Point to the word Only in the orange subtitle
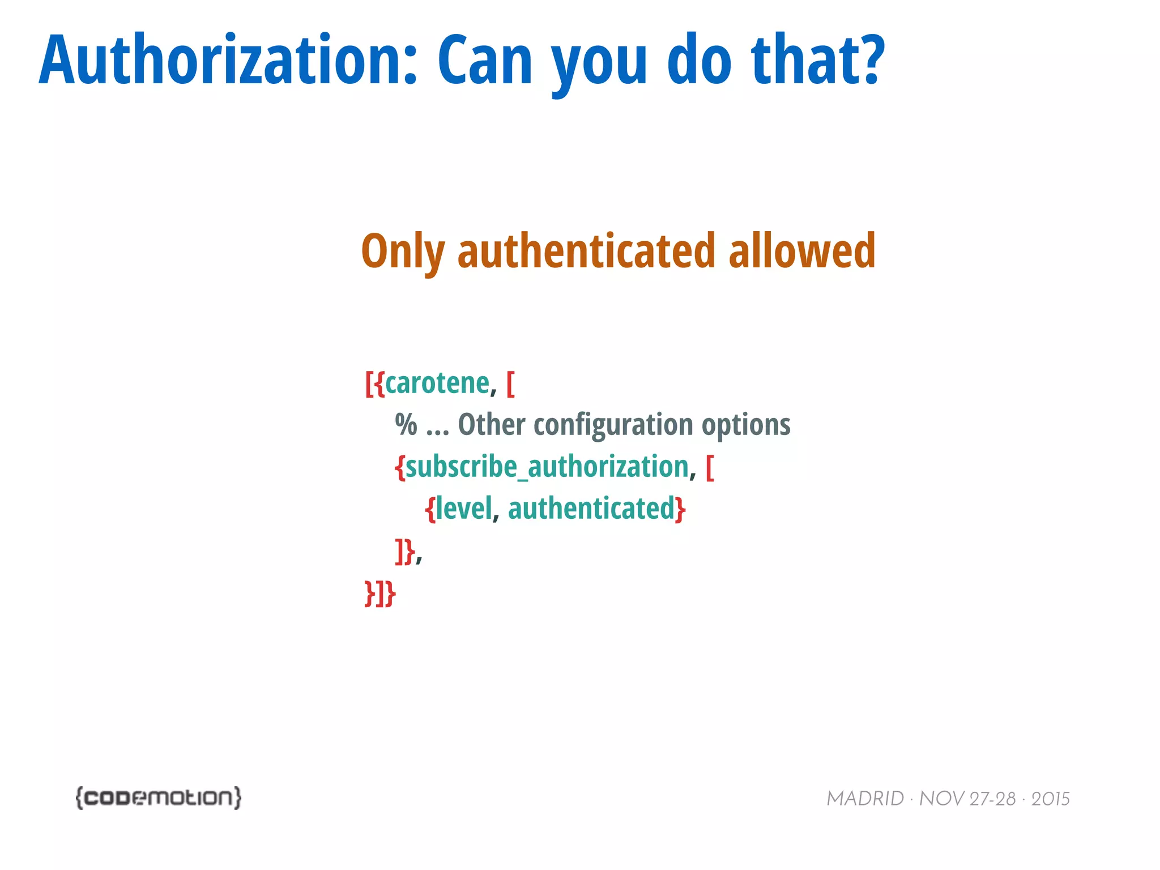pyautogui.click(x=403, y=252)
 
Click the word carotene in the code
pyautogui.click(x=437, y=383)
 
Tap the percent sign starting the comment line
pyautogui.click(x=406, y=425)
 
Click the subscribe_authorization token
pyautogui.click(x=547, y=467)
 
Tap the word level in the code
pyautogui.click(x=464, y=508)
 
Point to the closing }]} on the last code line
pyautogui.click(x=380, y=594)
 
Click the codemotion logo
pyautogui.click(x=159, y=797)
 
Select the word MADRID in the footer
pyautogui.click(x=865, y=799)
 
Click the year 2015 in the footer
pyautogui.click(x=1050, y=799)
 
